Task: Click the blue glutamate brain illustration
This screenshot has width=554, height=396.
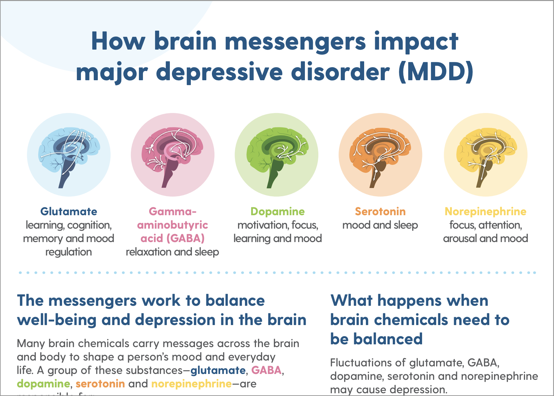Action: (x=69, y=155)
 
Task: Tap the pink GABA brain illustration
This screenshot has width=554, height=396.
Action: (x=173, y=155)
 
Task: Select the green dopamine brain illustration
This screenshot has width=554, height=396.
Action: (x=277, y=155)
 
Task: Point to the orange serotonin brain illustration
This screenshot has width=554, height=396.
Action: (x=380, y=155)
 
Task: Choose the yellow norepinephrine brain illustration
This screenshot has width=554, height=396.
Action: (x=485, y=155)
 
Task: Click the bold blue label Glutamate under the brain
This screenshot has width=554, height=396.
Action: (x=69, y=211)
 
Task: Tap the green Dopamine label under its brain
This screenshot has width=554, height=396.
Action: (x=277, y=211)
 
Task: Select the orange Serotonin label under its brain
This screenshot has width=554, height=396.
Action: (x=380, y=211)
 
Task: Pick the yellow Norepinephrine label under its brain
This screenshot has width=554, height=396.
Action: (x=485, y=211)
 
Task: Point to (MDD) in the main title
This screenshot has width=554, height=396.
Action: (x=436, y=72)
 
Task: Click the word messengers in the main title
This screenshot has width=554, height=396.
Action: (x=295, y=41)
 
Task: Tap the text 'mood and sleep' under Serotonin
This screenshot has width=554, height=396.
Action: (x=380, y=225)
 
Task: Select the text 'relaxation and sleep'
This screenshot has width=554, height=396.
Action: (x=172, y=252)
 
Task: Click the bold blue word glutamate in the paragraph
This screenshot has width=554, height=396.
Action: (x=218, y=371)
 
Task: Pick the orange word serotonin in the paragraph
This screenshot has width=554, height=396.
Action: (x=100, y=384)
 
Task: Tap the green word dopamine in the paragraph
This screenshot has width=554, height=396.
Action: (x=43, y=384)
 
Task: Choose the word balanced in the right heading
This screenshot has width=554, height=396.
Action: (x=388, y=339)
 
